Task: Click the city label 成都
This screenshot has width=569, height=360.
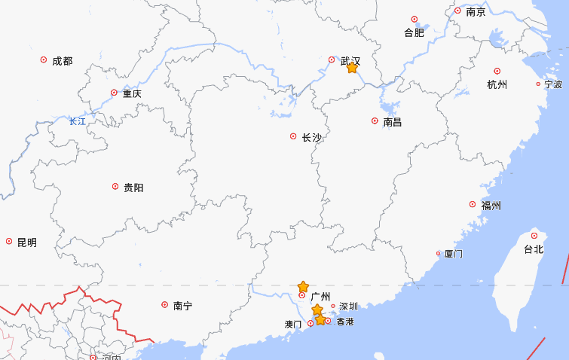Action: click(x=63, y=61)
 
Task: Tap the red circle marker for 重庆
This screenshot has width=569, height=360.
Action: click(x=115, y=93)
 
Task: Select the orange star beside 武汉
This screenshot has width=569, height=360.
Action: click(x=352, y=68)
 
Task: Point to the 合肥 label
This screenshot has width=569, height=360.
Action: click(x=415, y=32)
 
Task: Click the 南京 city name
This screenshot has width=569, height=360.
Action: click(x=476, y=12)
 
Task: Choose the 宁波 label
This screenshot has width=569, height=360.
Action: click(x=553, y=84)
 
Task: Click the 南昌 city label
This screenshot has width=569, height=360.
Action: click(x=393, y=121)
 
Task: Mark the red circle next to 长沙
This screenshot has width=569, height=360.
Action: click(x=293, y=136)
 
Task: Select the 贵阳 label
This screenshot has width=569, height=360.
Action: click(x=133, y=188)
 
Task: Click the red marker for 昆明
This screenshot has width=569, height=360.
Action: click(x=9, y=242)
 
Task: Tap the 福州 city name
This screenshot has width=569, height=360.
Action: click(x=491, y=205)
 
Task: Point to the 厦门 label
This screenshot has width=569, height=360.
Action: click(x=454, y=254)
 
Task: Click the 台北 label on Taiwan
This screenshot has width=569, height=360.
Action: click(x=534, y=249)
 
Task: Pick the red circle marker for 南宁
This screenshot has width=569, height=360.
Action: click(x=165, y=305)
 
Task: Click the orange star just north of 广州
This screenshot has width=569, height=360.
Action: click(x=303, y=287)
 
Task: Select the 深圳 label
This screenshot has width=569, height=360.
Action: click(x=349, y=307)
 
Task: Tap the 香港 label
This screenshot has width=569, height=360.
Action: click(x=344, y=322)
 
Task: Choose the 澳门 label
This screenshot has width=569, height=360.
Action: click(x=293, y=325)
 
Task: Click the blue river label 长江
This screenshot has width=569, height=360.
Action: click(x=77, y=121)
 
